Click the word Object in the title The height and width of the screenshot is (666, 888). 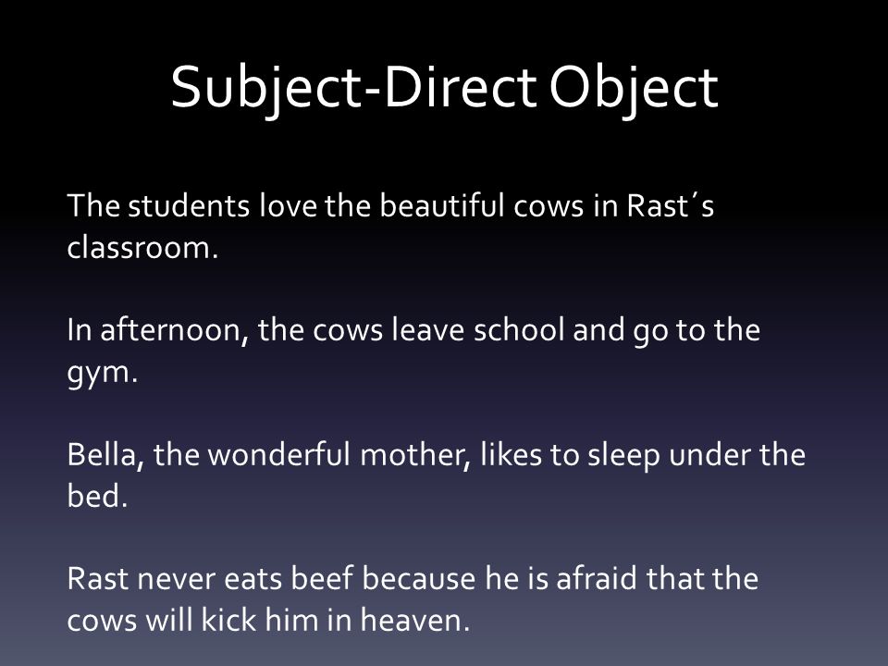634,90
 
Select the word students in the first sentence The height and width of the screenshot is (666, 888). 189,205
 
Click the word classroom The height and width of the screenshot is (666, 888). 142,248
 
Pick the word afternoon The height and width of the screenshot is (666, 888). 174,329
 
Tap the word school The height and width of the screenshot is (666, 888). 519,329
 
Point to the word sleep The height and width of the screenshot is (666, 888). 623,456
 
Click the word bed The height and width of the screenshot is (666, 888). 97,496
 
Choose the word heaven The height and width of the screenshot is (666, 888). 415,620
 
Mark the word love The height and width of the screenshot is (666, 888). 288,205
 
